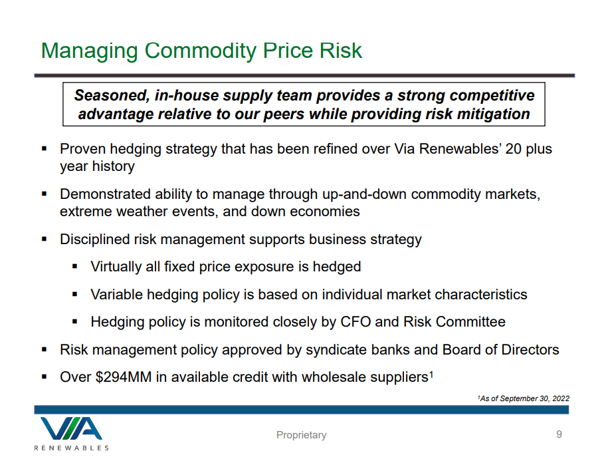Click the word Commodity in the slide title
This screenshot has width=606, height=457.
coord(200,51)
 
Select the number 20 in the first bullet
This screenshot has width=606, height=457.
coord(514,149)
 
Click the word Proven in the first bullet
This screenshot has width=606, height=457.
coord(82,149)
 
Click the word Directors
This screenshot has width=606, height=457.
coord(530,350)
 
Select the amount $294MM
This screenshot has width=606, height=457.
coord(123,377)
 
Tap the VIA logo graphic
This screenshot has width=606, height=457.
coord(72,428)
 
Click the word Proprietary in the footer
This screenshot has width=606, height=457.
coord(302,435)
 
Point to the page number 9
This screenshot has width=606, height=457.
coord(559,434)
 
